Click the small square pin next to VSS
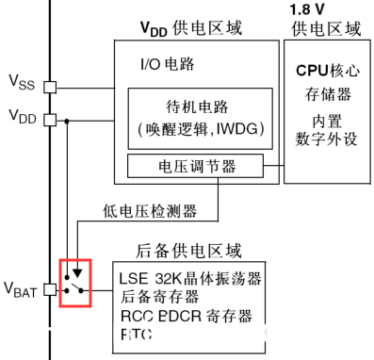pos(52,87)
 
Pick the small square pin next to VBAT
pos(52,289)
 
